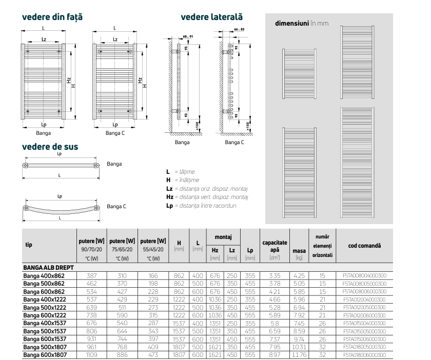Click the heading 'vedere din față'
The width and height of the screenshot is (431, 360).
coord(52,17)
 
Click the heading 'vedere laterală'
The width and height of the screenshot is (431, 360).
coord(211,17)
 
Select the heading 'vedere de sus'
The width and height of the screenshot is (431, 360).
coord(50,147)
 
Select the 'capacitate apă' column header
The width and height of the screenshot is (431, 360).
coord(275,246)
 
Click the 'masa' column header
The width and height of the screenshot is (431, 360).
coord(299,251)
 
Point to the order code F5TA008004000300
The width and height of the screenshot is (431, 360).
coord(364,275)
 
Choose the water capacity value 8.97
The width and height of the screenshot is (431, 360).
coord(275,354)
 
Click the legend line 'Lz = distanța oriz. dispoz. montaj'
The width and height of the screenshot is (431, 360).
coord(207,189)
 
